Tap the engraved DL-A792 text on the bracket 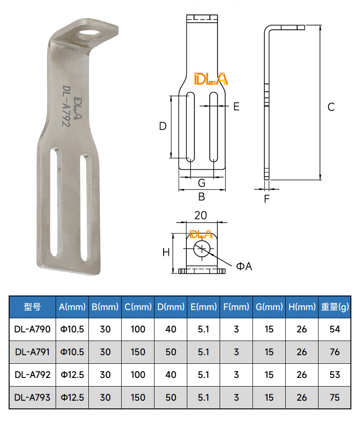[67, 106]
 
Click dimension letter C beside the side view [331, 107]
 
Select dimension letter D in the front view [163, 126]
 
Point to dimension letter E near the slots [237, 107]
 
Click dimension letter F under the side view [267, 199]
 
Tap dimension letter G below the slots [201, 183]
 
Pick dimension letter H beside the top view [166, 252]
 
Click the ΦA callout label [244, 266]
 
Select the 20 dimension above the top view [201, 215]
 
